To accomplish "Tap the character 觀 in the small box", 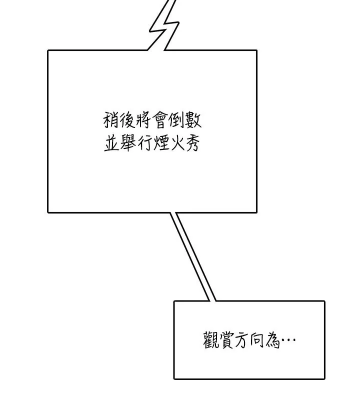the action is point(211,340).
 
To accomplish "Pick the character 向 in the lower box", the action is point(257,340).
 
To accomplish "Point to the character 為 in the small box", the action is point(272,340).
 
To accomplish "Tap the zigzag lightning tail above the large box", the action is point(164,25).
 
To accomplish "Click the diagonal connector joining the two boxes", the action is point(193,256).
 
